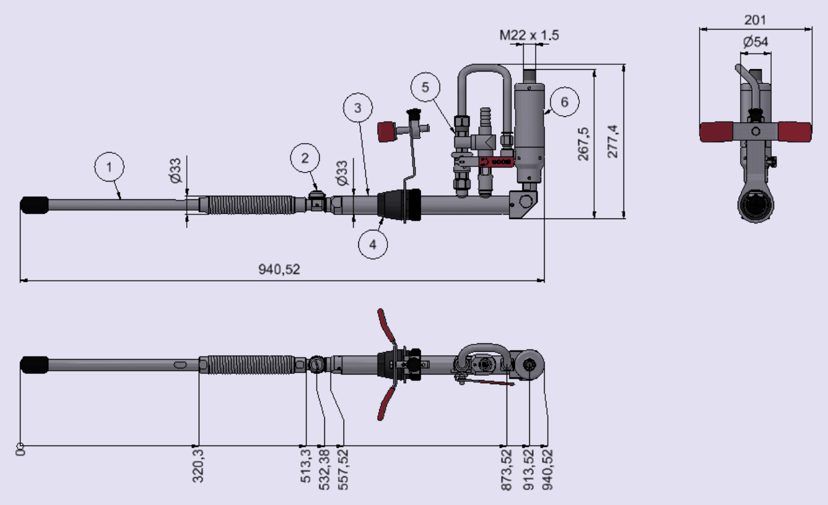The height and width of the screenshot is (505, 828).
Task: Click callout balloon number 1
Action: (109, 167)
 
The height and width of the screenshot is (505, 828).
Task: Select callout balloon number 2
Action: (305, 158)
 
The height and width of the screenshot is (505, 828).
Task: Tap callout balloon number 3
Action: (358, 108)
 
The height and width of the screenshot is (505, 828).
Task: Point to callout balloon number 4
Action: (373, 244)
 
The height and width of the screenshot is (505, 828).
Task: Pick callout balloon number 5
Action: (425, 87)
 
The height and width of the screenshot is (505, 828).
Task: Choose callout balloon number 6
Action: (564, 102)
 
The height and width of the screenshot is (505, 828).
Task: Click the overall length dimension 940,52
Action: (279, 270)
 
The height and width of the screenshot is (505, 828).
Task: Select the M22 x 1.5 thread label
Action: (529, 36)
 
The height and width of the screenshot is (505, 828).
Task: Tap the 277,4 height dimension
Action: (613, 141)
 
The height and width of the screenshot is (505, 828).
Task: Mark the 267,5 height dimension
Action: (583, 144)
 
